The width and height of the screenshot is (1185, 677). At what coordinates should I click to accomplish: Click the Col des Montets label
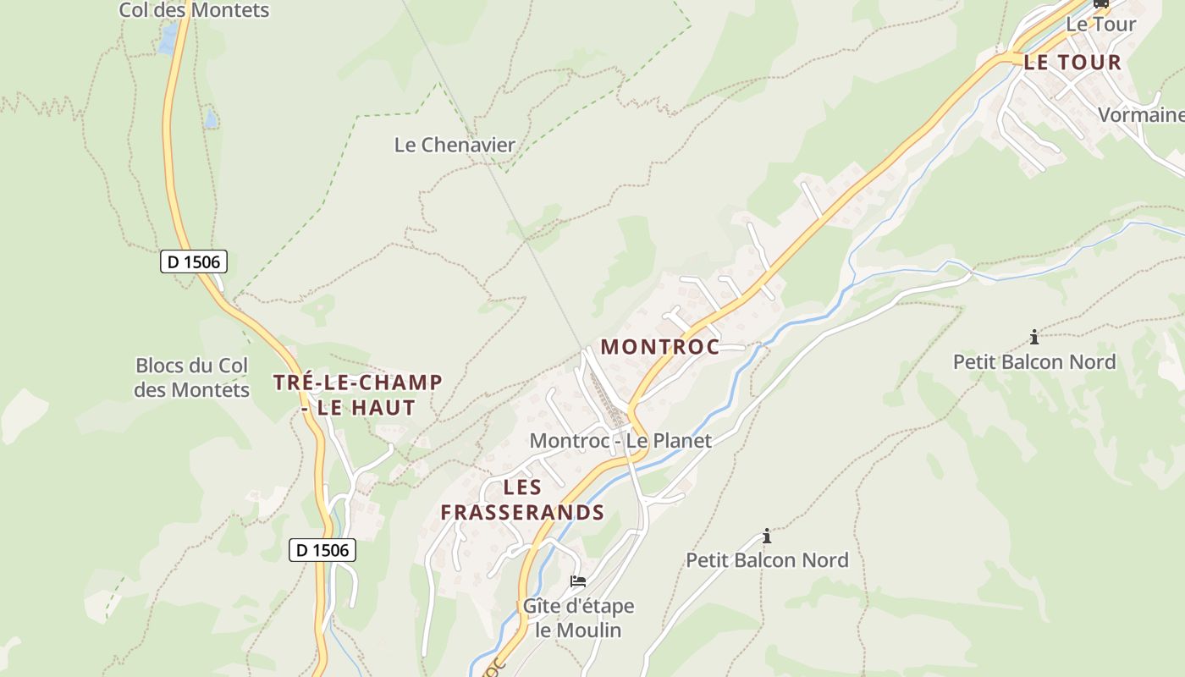[194, 10]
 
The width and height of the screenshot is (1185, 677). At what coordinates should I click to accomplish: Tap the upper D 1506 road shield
[194, 261]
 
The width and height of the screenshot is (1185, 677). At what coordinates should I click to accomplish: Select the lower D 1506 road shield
[322, 550]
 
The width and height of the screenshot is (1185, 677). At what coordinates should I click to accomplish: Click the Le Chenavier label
[455, 145]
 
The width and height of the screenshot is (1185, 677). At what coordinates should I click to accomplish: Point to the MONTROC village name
[660, 346]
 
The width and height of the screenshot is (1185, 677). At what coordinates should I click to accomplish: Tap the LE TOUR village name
[1072, 62]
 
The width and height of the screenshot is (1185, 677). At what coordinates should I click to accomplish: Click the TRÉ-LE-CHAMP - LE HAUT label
[358, 394]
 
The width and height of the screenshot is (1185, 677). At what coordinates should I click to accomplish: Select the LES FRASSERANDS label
[522, 499]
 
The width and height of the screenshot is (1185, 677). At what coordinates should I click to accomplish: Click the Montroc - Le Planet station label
[620, 440]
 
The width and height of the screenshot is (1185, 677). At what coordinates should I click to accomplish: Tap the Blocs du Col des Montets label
[192, 377]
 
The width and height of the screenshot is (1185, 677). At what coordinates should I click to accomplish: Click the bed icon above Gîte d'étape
[578, 581]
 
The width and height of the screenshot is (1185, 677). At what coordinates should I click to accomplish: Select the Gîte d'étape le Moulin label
[578, 618]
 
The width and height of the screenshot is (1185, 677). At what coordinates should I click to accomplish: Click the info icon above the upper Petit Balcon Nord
[1034, 338]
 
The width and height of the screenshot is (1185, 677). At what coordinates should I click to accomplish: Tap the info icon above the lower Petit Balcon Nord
[767, 536]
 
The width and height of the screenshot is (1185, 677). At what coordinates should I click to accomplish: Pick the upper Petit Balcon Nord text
[1034, 362]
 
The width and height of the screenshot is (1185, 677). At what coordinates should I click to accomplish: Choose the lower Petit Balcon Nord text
[767, 560]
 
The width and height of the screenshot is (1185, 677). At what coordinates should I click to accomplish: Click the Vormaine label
[1141, 114]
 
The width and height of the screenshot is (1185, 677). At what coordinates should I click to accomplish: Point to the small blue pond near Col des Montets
[168, 38]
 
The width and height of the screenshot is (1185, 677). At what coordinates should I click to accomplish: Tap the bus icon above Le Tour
[1101, 3]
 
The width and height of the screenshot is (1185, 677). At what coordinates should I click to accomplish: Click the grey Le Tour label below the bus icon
[1100, 25]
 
